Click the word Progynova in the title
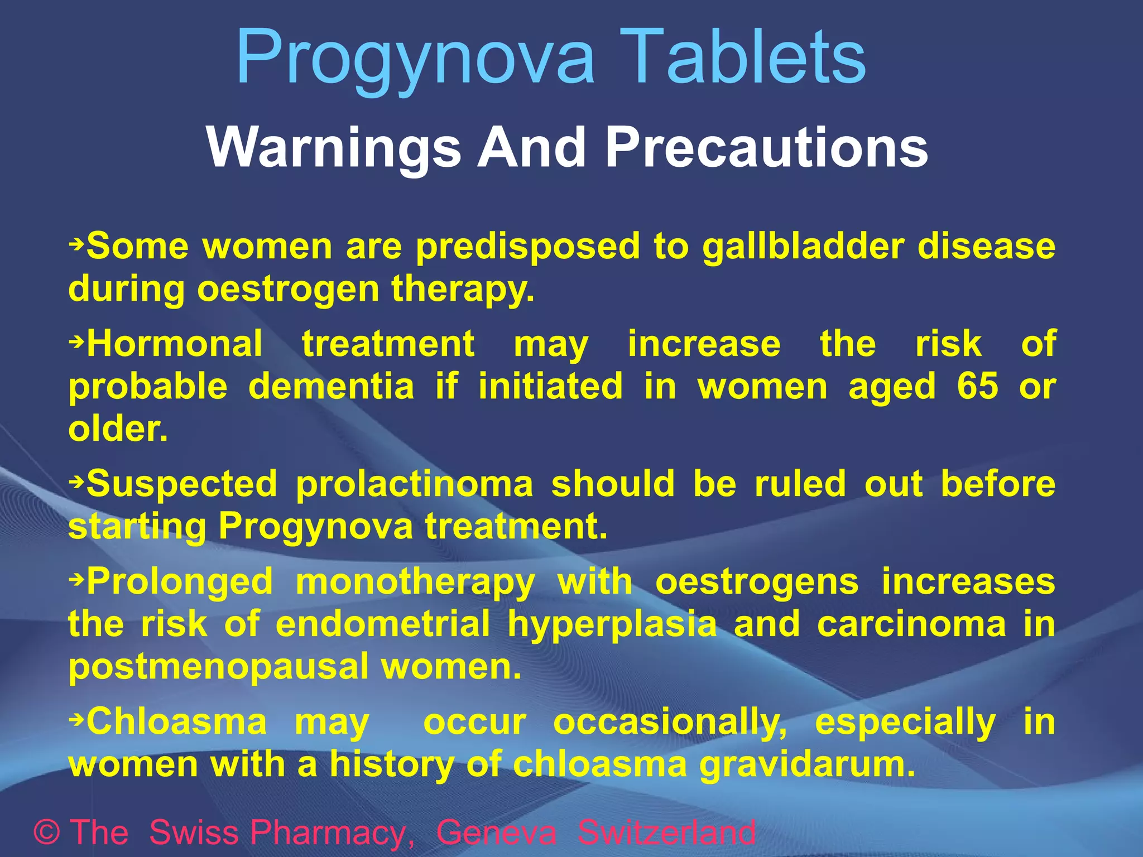click(416, 59)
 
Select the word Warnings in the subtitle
click(334, 147)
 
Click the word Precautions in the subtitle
click(767, 147)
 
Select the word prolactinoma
click(415, 483)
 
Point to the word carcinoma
click(912, 624)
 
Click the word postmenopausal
click(218, 666)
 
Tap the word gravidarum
click(808, 764)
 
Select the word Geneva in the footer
click(496, 832)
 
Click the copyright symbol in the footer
click(47, 832)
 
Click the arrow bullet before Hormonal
click(76, 339)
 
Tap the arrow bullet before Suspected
click(76, 479)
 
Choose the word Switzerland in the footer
click(666, 832)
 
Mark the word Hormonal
click(175, 344)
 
